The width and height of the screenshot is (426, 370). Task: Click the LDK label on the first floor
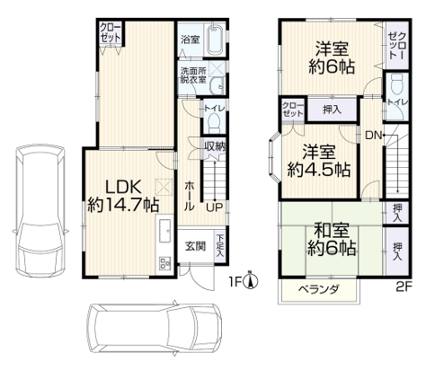pyautogui.click(x=123, y=188)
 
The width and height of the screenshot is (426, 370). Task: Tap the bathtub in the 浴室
pyautogui.click(x=215, y=40)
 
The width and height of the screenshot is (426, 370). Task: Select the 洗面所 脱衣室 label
pyautogui.click(x=193, y=75)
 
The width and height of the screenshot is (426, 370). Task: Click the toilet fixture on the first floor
pyautogui.click(x=214, y=122)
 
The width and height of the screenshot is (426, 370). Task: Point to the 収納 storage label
pyautogui.click(x=215, y=146)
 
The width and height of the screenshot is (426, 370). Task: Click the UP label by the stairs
pyautogui.click(x=215, y=207)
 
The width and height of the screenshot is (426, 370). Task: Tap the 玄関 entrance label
pyautogui.click(x=195, y=247)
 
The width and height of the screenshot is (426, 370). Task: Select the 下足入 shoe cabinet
pyautogui.click(x=220, y=245)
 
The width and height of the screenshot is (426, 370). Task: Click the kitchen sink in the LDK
pyautogui.click(x=164, y=230)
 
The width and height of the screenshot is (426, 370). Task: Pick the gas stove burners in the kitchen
pyautogui.click(x=164, y=263)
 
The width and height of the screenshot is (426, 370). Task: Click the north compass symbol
pyautogui.click(x=252, y=279)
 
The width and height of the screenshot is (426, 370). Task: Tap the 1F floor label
pyautogui.click(x=235, y=282)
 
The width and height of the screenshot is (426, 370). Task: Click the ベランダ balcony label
pyautogui.click(x=318, y=290)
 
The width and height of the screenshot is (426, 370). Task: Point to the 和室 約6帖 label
pyautogui.click(x=332, y=240)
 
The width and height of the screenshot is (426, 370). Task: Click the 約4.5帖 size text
pyautogui.click(x=319, y=170)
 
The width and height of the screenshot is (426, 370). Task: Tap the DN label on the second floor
pyautogui.click(x=373, y=136)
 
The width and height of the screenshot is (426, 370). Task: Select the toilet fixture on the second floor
pyautogui.click(x=397, y=84)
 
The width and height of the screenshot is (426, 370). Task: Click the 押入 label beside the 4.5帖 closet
pyautogui.click(x=333, y=110)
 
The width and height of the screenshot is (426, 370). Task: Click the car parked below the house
pyautogui.click(x=155, y=329)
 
